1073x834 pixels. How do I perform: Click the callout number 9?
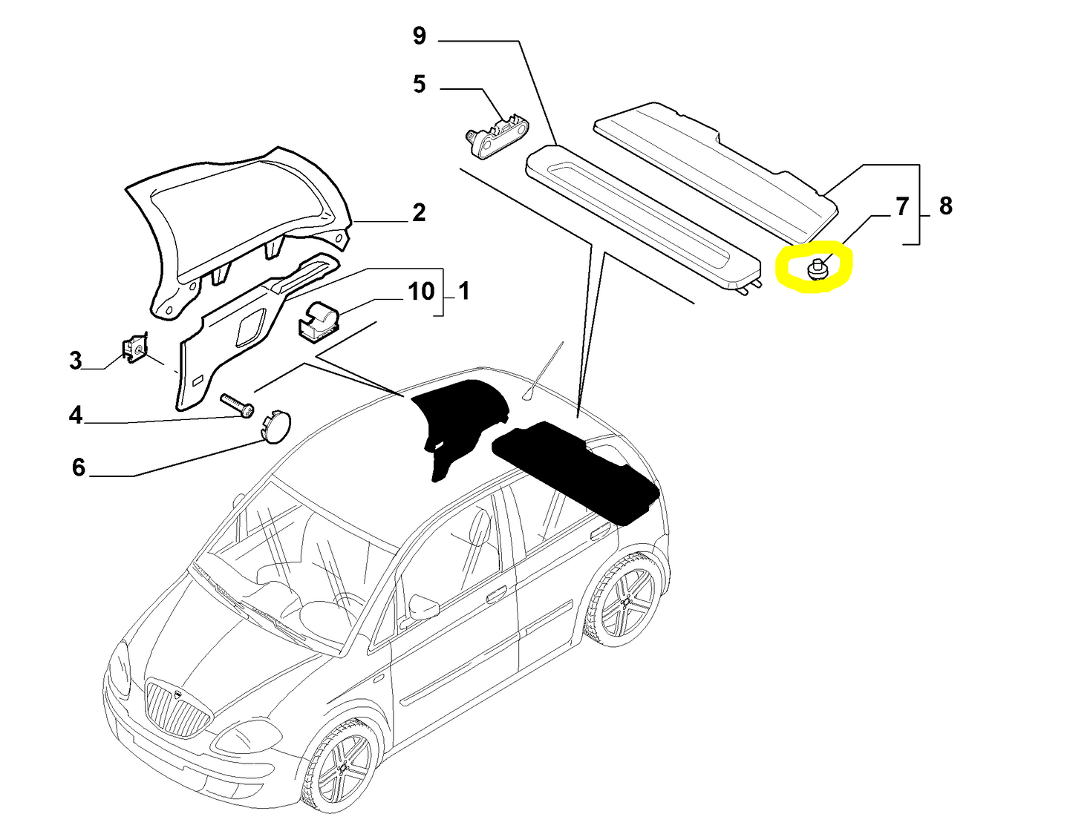point(420,36)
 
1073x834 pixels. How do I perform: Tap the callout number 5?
point(420,85)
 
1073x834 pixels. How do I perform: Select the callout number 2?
point(419,213)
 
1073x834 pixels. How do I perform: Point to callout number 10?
point(421,291)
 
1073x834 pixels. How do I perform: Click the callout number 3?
point(76,361)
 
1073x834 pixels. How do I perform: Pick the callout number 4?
point(76,415)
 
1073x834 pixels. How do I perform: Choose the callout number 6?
point(79,467)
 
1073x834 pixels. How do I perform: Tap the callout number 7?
point(902,206)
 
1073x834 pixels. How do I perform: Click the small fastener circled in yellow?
point(817,269)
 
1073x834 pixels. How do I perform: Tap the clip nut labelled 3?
point(134,349)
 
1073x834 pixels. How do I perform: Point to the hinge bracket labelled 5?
point(497,134)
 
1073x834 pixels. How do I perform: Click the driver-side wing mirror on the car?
point(424,605)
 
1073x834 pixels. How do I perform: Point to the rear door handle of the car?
point(596,533)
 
